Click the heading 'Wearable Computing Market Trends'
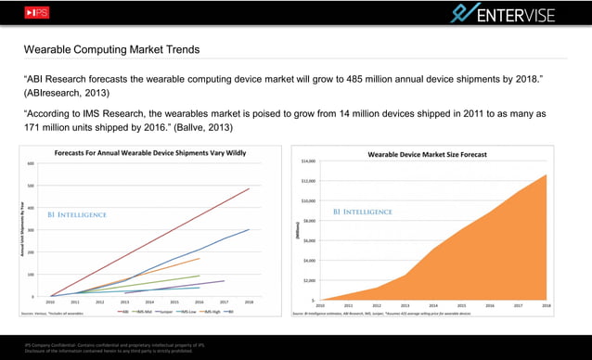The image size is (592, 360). (111, 49)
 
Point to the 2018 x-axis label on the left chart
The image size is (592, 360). (250, 302)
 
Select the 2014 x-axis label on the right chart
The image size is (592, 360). (433, 304)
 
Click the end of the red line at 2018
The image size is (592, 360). (250, 188)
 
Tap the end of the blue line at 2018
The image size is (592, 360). (250, 229)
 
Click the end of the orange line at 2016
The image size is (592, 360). (199, 258)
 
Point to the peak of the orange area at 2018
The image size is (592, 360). (546, 174)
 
